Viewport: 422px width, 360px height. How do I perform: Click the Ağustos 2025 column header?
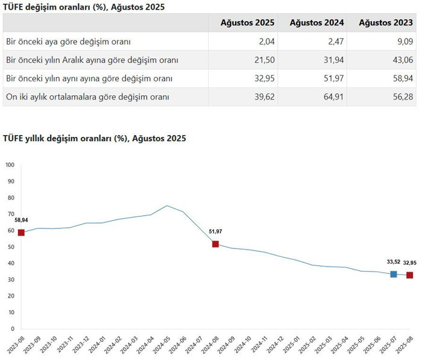click(247, 23)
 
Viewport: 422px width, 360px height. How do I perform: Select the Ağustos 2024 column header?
click(316, 23)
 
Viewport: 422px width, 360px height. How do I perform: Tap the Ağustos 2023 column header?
click(386, 23)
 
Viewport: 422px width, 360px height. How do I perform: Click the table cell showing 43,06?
click(402, 60)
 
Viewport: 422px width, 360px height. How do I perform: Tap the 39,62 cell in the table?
click(263, 96)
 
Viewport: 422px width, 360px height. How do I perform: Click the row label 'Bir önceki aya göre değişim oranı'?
click(68, 42)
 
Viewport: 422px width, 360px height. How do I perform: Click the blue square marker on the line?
click(394, 274)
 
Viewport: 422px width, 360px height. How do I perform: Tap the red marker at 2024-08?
click(215, 244)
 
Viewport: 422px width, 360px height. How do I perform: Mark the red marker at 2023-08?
click(21, 232)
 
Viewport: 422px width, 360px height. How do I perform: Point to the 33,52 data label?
click(394, 262)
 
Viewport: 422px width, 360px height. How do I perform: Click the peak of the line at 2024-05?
click(167, 206)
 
